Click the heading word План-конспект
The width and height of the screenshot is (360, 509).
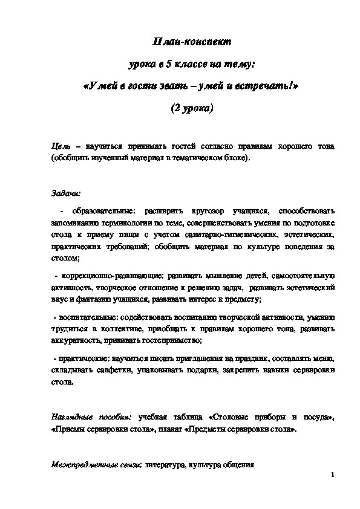pyautogui.click(x=190, y=42)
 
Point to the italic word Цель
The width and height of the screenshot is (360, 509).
pyautogui.click(x=62, y=147)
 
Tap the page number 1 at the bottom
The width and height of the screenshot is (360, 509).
pyautogui.click(x=333, y=476)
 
